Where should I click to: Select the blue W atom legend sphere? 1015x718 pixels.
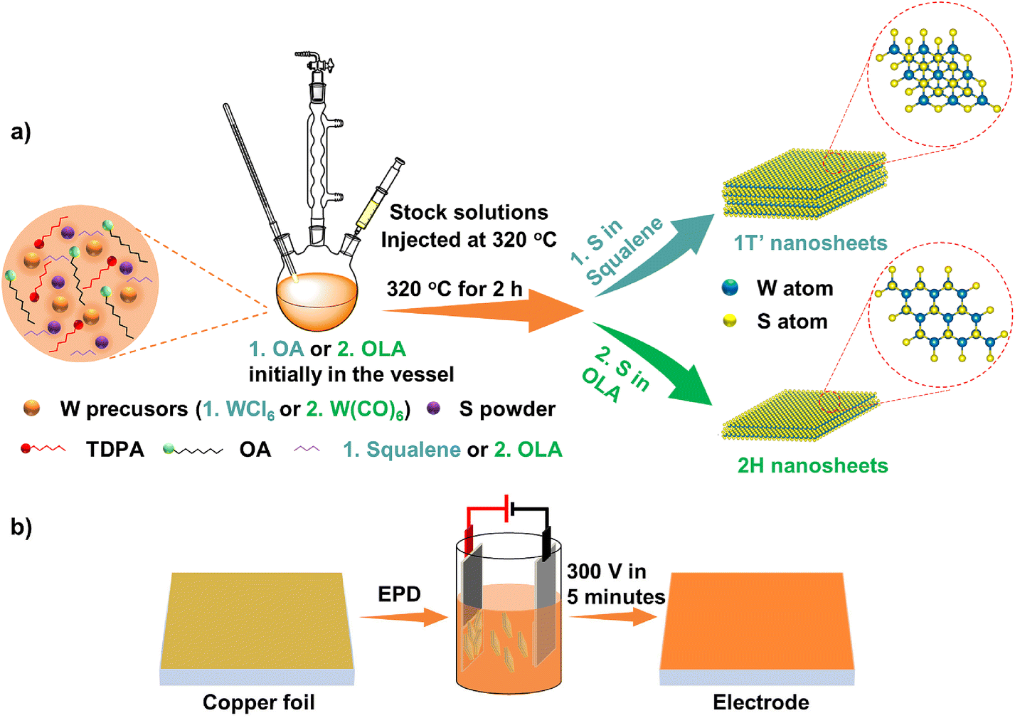pyautogui.click(x=730, y=287)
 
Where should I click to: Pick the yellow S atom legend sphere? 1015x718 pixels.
pyautogui.click(x=730, y=321)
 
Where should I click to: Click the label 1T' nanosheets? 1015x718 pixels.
pyautogui.click(x=810, y=243)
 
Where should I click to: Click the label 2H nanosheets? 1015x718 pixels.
pyautogui.click(x=812, y=465)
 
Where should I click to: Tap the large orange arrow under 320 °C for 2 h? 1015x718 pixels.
pyautogui.click(x=484, y=311)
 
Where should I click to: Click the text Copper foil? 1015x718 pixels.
pyautogui.click(x=258, y=702)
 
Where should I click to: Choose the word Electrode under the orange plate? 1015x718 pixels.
pyautogui.click(x=760, y=702)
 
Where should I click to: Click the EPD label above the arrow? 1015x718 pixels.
pyautogui.click(x=399, y=594)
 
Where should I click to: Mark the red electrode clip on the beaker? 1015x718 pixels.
pyautogui.click(x=469, y=539)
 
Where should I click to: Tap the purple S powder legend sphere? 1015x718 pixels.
pyautogui.click(x=433, y=408)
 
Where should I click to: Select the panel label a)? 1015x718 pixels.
pyautogui.click(x=21, y=132)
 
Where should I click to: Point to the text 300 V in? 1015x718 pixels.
pyautogui.click(x=606, y=571)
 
